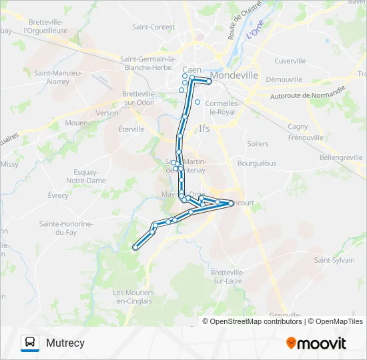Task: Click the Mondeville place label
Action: click(x=234, y=75)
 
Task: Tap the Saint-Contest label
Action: click(x=153, y=27)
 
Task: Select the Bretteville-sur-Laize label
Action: click(x=228, y=277)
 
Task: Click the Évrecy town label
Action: click(x=58, y=195)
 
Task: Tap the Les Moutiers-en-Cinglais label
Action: click(x=135, y=297)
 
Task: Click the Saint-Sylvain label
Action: click(x=335, y=260)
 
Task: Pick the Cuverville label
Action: click(x=290, y=61)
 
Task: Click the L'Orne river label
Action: click(x=255, y=29)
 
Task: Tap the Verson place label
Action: click(x=107, y=113)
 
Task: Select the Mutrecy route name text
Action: click(x=65, y=343)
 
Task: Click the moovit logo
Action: click(x=316, y=343)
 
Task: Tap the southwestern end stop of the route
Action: click(x=135, y=247)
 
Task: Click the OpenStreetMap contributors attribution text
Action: click(x=256, y=321)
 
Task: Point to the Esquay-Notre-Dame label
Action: click(x=86, y=176)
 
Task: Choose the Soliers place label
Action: click(x=258, y=144)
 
